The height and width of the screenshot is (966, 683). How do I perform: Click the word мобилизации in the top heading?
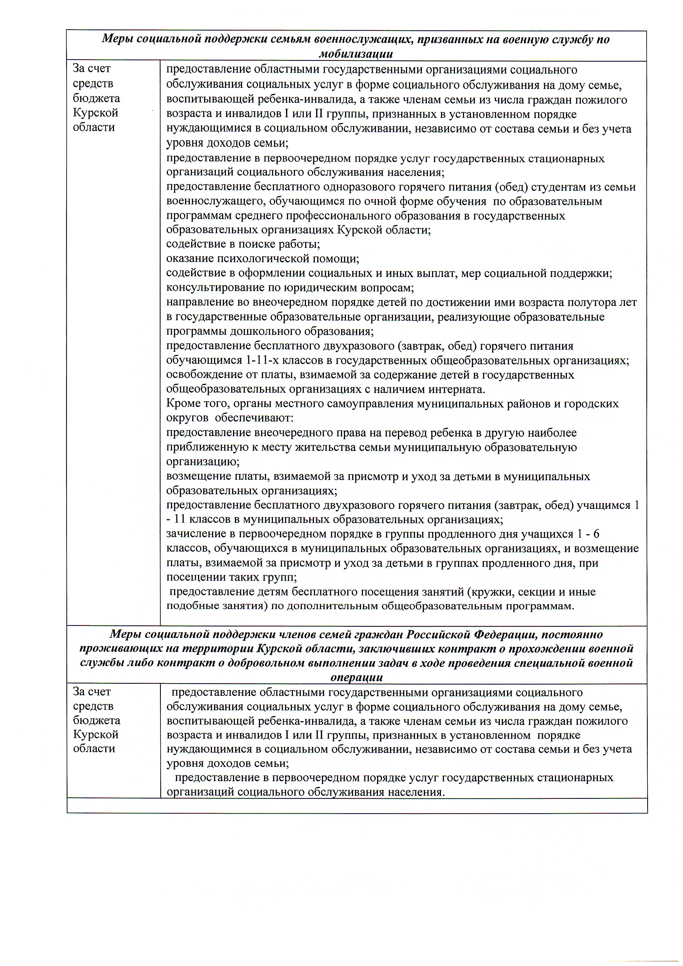(x=356, y=54)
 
